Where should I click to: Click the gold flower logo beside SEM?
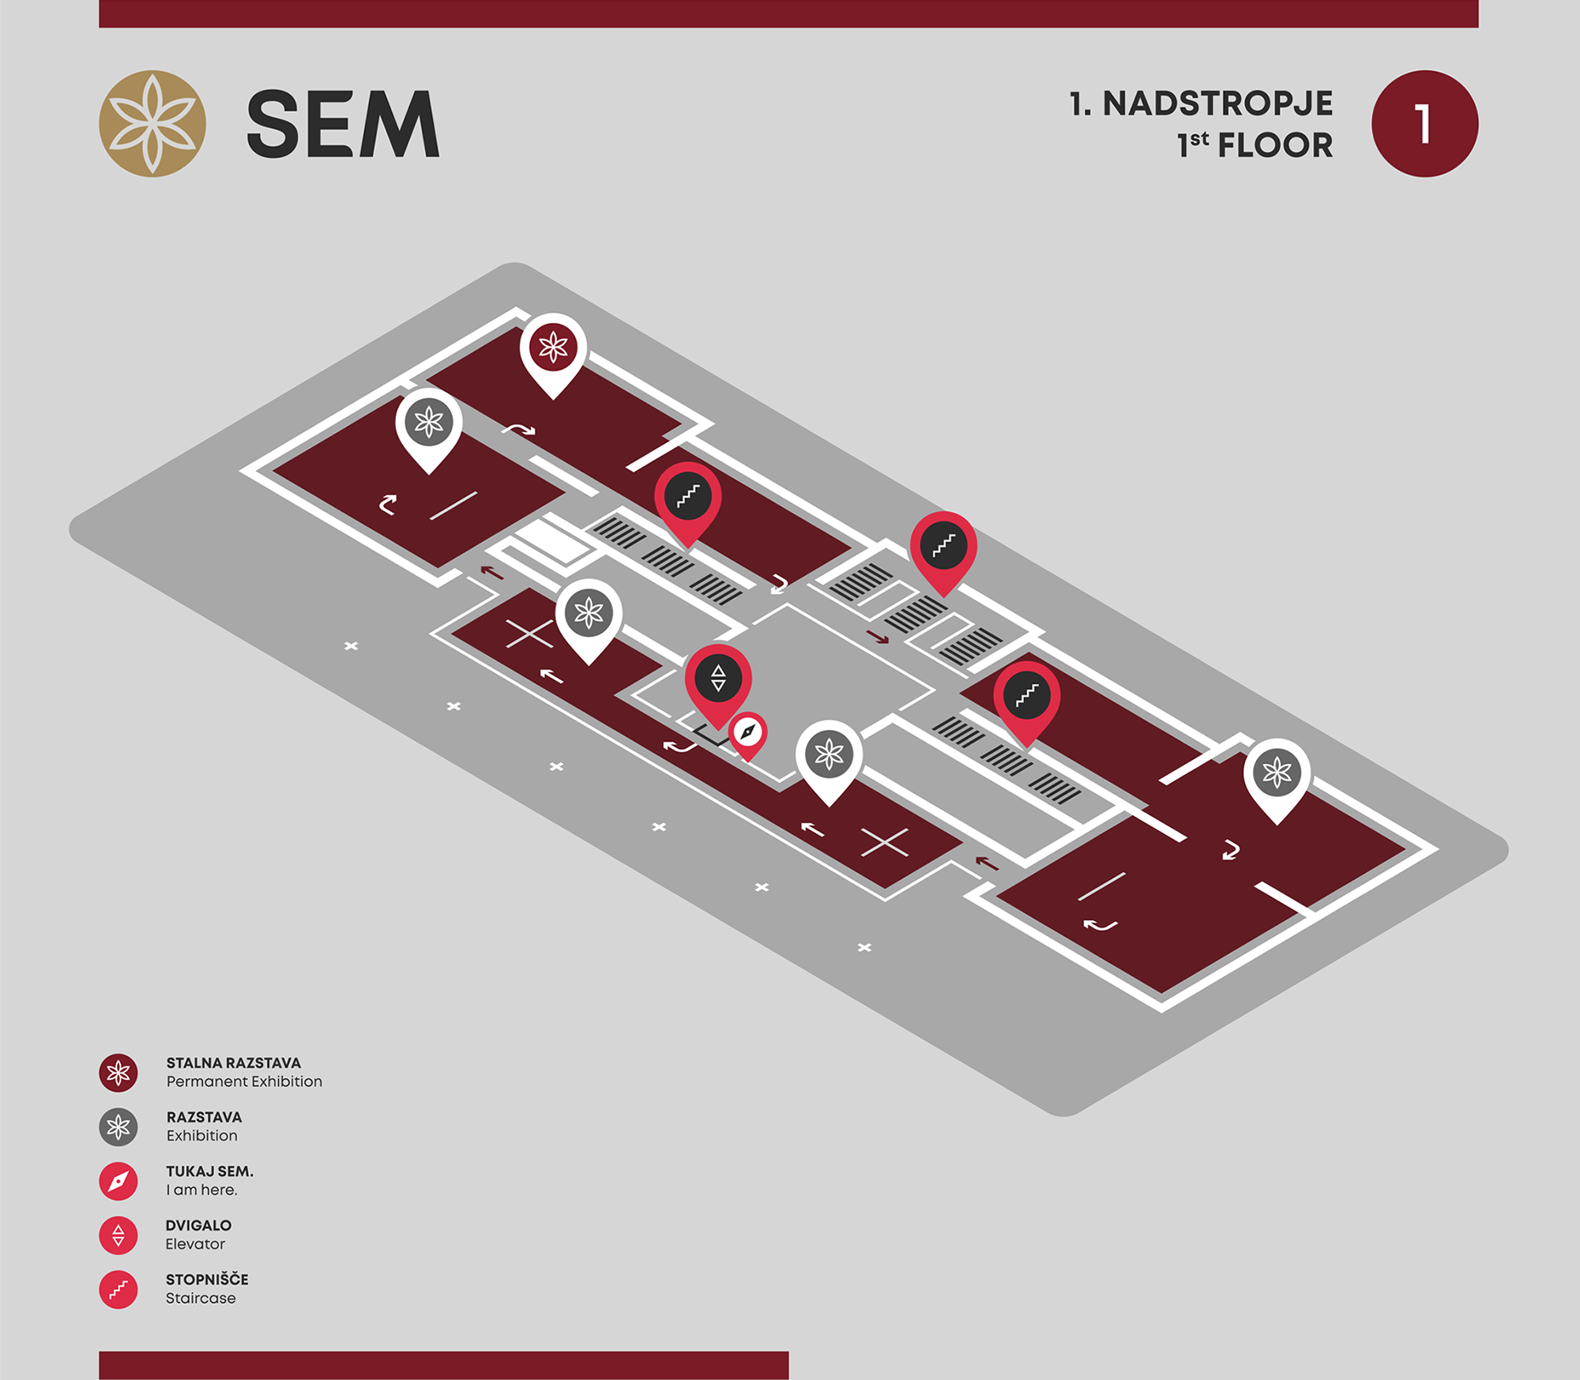tap(152, 123)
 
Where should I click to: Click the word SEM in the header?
tap(343, 124)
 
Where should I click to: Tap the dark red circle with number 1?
tap(1424, 123)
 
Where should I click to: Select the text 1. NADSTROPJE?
tap(1201, 103)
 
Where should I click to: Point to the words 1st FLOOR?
tap(1255, 145)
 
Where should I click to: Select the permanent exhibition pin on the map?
tap(553, 355)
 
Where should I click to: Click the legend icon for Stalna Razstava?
tap(118, 1073)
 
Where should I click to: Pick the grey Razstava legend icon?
tap(118, 1127)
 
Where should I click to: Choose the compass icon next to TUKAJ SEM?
tap(118, 1182)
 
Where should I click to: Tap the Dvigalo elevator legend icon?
tap(118, 1235)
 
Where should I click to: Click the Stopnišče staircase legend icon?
tap(118, 1290)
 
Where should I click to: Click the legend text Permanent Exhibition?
tap(244, 1081)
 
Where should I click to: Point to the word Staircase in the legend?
tap(201, 1298)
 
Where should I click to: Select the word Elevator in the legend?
tap(195, 1244)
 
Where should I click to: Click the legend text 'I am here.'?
tap(201, 1190)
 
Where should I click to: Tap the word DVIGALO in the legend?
tap(198, 1225)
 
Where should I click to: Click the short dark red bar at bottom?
tap(443, 1365)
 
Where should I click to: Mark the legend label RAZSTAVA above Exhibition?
tap(204, 1117)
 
